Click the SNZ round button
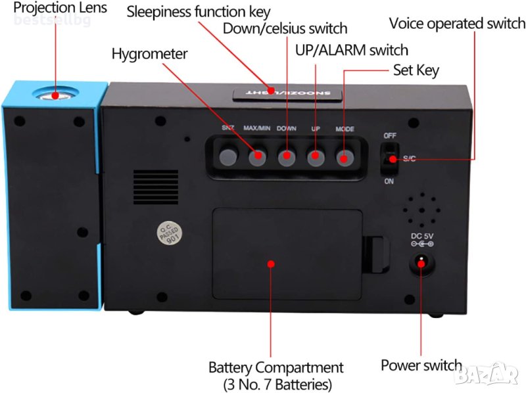[x=227, y=156]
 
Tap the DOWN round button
[x=286, y=156]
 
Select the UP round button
[x=316, y=156]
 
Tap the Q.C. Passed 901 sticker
[x=168, y=233]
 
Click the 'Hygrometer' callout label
[x=149, y=54]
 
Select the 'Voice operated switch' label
[x=457, y=24]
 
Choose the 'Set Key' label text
[x=416, y=70]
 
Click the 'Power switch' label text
[x=421, y=365]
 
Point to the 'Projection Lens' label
[x=53, y=9]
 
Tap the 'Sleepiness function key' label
[x=198, y=12]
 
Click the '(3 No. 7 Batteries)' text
[x=275, y=384]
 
